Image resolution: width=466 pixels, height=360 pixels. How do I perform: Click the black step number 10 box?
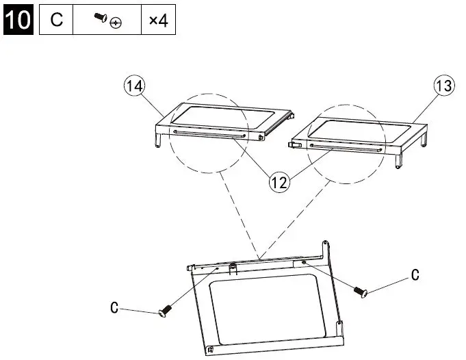pos(18,19)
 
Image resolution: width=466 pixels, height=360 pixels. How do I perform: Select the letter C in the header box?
pos(57,20)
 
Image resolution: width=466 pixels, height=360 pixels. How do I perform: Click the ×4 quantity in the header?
pos(158,20)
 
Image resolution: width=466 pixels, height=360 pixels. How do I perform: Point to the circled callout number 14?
pos(133,87)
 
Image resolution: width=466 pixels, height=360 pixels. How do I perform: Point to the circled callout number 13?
pos(443,86)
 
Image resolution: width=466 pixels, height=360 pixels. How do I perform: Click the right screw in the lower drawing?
pos(361,291)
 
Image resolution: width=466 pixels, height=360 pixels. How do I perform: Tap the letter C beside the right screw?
pos(414,275)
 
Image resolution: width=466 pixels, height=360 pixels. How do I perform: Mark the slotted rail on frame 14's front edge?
pos(209,133)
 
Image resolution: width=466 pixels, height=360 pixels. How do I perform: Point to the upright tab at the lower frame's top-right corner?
pos(326,248)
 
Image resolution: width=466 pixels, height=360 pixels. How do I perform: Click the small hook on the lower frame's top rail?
pos(233,266)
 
